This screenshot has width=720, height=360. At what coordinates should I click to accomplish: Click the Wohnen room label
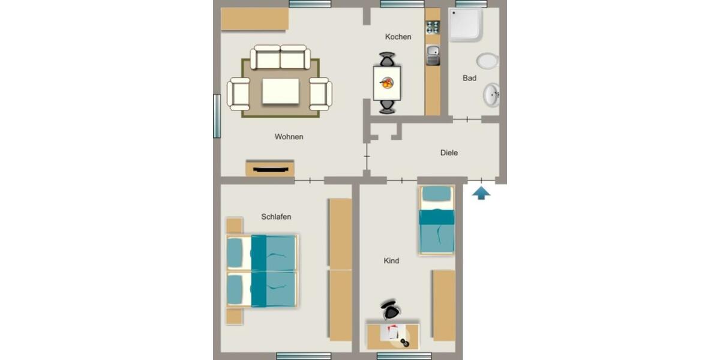[289, 137]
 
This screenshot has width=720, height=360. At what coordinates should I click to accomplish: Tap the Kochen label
[398, 37]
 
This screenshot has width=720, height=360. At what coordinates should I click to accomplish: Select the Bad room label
[470, 78]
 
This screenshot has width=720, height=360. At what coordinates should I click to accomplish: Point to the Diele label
[449, 153]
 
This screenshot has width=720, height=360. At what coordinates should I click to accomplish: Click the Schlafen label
[276, 217]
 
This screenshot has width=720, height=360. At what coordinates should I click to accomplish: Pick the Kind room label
[391, 261]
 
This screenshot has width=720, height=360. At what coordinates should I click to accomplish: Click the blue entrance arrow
[481, 193]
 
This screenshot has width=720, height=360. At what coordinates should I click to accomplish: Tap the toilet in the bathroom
[488, 61]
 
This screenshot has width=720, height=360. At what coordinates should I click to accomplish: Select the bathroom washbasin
[492, 95]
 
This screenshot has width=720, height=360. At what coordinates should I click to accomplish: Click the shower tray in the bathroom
[466, 25]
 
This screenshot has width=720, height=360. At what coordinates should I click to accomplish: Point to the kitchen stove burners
[433, 27]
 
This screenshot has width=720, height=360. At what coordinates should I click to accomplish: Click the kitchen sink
[433, 56]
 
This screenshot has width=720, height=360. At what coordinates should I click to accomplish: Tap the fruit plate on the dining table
[388, 83]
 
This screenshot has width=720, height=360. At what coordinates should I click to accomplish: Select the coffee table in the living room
[280, 91]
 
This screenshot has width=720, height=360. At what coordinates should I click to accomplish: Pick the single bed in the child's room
[437, 220]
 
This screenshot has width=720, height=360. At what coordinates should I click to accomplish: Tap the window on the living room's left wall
[217, 116]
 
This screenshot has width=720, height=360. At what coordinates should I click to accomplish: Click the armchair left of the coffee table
[238, 94]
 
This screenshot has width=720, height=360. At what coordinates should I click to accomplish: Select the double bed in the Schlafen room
[262, 271]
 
